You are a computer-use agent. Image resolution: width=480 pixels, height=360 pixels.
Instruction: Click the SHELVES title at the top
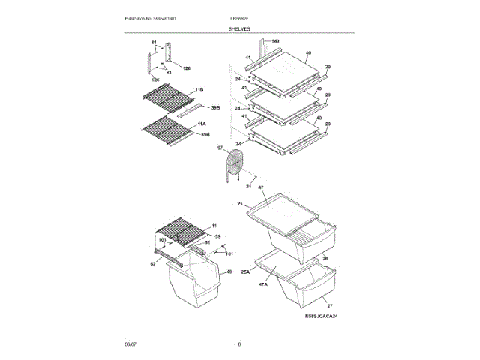[x=240, y=28]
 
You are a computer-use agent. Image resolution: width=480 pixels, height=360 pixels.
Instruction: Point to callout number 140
[x=275, y=40]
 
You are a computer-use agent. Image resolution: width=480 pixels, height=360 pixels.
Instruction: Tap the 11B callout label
[x=199, y=89]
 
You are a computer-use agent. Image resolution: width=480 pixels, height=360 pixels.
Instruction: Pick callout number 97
[x=220, y=148]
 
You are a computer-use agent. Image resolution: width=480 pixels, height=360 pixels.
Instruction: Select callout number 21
[x=249, y=187]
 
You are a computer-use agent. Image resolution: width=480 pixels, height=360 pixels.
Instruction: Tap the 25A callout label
[x=245, y=272]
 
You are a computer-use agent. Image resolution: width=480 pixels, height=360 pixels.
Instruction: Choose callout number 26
[x=325, y=258]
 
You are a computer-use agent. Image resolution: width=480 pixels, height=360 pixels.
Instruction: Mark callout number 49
[x=229, y=271]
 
